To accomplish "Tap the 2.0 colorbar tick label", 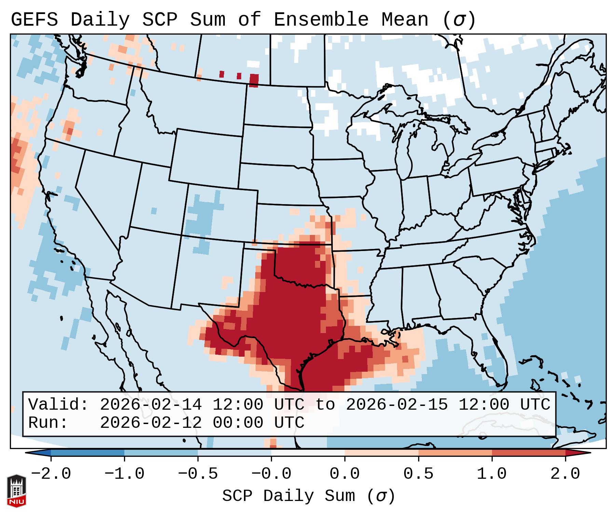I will (x=565, y=474).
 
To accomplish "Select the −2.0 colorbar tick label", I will (x=51, y=474).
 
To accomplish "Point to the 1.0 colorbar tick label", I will (x=492, y=474).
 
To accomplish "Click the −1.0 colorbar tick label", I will (x=124, y=474).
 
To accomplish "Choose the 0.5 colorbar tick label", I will (x=418, y=474).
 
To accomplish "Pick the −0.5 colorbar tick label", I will (x=198, y=474).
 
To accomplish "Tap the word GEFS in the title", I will (x=34, y=20).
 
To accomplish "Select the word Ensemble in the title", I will (x=321, y=20).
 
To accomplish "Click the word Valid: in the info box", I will (x=58, y=405).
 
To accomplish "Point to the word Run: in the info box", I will (x=48, y=423).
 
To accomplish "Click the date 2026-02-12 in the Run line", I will (x=151, y=423).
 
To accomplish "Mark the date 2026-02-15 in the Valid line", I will (x=397, y=405).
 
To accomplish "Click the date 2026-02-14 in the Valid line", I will (x=151, y=405).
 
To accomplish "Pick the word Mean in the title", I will (x=405, y=20).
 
